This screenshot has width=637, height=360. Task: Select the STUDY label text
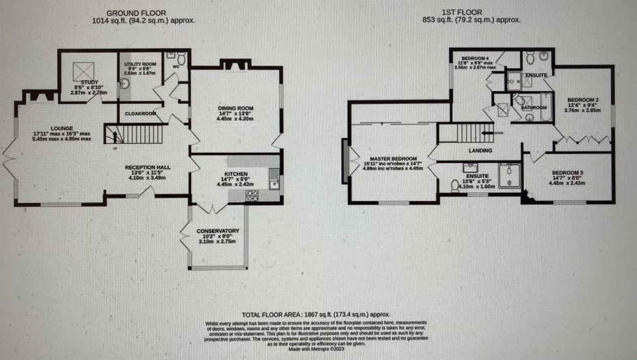click(89, 83)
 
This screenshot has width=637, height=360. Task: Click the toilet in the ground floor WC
click(181, 59)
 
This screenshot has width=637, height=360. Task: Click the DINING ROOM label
click(235, 108)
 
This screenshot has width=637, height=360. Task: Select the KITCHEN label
click(235, 174)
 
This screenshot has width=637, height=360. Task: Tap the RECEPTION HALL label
click(148, 168)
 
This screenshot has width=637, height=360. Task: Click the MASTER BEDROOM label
click(393, 159)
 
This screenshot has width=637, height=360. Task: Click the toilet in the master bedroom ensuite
click(456, 186)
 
